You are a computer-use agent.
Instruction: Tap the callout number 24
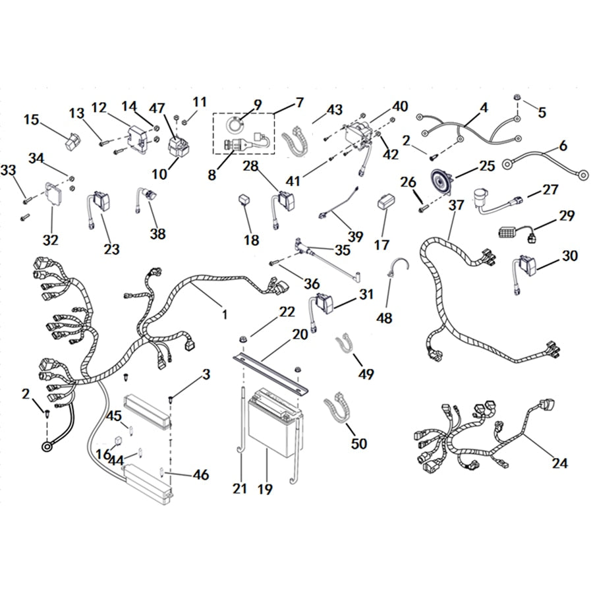point(560,463)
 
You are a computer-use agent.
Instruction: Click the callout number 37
point(457,205)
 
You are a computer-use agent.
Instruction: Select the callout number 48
point(384,318)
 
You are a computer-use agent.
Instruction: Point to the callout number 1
point(225,314)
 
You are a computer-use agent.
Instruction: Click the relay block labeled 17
point(386,202)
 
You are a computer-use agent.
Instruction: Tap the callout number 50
point(359,443)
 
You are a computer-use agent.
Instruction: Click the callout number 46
point(201,474)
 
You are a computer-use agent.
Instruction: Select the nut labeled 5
point(517,98)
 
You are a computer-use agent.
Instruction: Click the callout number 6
point(563,146)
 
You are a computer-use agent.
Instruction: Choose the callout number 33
point(9,170)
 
